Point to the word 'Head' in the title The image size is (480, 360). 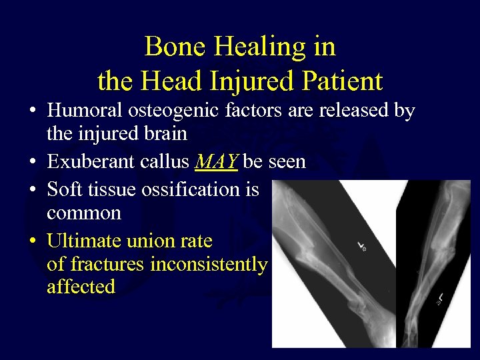[161, 81]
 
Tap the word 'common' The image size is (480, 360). [84, 213]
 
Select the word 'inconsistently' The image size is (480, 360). [209, 264]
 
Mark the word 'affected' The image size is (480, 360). [81, 287]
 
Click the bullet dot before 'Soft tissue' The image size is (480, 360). [33, 190]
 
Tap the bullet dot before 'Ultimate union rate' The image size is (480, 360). [33, 240]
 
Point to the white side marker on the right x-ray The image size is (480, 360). [441, 297]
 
